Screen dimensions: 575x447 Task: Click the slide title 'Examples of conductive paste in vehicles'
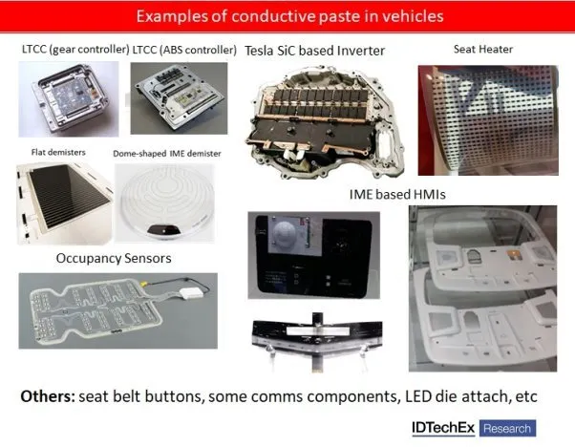(x=289, y=16)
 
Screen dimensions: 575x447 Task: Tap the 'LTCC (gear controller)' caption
(x=75, y=49)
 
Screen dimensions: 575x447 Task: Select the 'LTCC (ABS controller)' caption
(x=184, y=50)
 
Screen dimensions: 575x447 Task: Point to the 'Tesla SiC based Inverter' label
(x=314, y=51)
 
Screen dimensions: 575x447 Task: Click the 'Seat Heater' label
(x=483, y=49)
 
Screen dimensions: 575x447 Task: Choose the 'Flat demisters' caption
(x=58, y=152)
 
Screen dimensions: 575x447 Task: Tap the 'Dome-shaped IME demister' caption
(x=167, y=154)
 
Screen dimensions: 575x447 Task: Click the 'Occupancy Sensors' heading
(x=114, y=258)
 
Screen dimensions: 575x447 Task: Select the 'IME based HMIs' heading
(x=397, y=194)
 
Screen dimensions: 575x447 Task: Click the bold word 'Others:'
(x=48, y=396)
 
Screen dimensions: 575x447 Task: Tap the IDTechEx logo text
(x=443, y=428)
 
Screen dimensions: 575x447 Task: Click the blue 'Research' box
(x=507, y=428)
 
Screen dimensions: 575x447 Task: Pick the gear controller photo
(x=69, y=99)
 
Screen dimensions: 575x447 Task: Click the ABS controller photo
(x=179, y=98)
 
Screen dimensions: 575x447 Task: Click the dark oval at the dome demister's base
(x=163, y=230)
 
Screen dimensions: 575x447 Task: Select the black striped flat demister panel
(x=68, y=197)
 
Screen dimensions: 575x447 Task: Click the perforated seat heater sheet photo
(x=488, y=120)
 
